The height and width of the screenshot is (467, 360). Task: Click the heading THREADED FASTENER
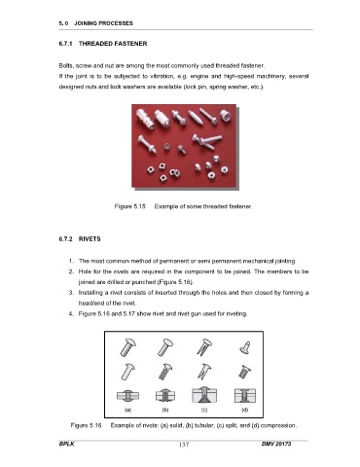point(113,44)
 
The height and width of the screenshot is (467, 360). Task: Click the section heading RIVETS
point(90,239)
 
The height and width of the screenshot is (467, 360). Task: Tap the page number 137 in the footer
point(184,445)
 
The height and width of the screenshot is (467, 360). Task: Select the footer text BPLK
point(66,444)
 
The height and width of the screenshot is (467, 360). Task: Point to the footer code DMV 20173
point(276,444)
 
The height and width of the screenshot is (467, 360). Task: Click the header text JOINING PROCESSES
point(103,23)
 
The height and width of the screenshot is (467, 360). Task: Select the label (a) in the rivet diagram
point(127,410)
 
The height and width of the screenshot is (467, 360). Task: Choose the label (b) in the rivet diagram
point(165,410)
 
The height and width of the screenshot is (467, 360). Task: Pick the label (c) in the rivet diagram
point(204,410)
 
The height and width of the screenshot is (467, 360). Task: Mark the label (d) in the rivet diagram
point(245,410)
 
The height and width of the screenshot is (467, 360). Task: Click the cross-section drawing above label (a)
point(128,396)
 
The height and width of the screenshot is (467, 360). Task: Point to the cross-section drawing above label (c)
point(204,395)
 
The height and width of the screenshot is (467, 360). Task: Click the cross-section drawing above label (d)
point(245,396)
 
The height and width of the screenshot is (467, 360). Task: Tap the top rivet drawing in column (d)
point(245,347)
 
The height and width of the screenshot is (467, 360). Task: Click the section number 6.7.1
point(65,44)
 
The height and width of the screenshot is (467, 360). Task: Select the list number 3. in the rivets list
point(71,293)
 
